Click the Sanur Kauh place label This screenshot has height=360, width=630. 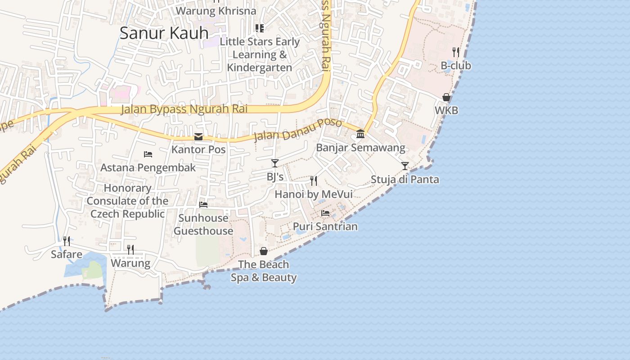point(164,33)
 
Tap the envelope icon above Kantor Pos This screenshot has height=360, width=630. point(198,137)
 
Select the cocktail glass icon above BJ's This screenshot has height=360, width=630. point(275,163)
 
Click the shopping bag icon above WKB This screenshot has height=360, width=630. point(446,97)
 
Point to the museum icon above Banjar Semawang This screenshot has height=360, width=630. point(360,134)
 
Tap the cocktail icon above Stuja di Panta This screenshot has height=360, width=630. point(405,166)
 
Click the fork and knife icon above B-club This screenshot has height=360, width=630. point(456,52)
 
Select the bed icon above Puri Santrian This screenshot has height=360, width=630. point(325,213)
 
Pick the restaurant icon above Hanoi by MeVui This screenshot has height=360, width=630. point(314,181)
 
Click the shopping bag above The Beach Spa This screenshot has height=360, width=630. point(264,251)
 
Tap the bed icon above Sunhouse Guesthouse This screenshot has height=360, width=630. point(203,205)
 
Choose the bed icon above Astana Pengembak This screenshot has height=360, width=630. point(148,154)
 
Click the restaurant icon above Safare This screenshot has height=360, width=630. point(67,241)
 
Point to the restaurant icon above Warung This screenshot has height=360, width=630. point(130,250)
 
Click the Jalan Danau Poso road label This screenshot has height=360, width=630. point(298,130)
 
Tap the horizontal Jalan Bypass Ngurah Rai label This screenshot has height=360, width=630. point(184,109)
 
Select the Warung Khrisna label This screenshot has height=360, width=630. point(216,11)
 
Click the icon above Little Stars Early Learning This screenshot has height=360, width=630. point(260,28)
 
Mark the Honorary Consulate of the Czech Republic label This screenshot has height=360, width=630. point(127,201)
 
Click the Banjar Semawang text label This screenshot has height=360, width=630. point(360,148)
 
